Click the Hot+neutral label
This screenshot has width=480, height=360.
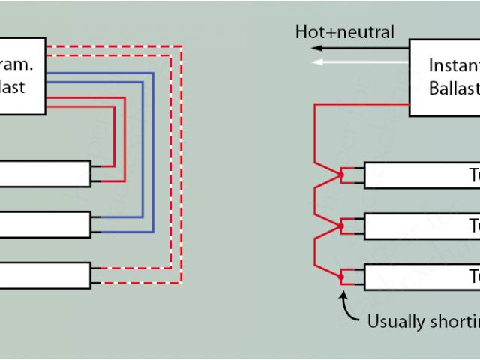(344, 32)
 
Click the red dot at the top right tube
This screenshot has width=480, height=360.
(341, 175)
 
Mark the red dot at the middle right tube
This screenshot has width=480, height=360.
(341, 226)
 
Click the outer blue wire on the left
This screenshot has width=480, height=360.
(153, 150)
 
